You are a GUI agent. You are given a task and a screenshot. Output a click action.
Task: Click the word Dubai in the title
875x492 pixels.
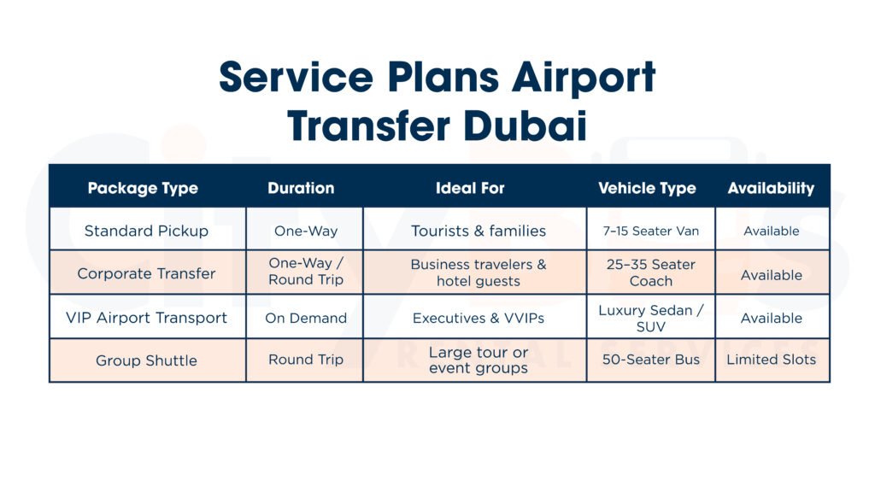click(526, 126)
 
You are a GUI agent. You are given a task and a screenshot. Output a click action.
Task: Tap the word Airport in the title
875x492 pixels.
click(584, 78)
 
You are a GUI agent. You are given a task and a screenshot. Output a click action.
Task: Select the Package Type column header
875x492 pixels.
click(143, 189)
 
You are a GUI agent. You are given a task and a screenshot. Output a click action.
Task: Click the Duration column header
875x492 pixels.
click(302, 188)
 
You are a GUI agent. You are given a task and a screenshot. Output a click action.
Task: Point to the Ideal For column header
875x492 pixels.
click(470, 188)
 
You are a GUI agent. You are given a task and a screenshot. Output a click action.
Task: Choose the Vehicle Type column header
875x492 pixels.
click(648, 189)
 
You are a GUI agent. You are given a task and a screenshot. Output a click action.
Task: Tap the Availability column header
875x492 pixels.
click(772, 189)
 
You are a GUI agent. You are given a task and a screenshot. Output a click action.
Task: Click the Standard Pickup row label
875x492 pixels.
click(146, 231)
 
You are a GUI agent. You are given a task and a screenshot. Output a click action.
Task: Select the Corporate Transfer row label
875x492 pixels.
click(146, 273)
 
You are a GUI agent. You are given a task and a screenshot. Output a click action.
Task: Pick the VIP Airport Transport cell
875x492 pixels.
click(146, 318)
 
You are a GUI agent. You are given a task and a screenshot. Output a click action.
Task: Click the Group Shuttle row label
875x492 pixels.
click(146, 360)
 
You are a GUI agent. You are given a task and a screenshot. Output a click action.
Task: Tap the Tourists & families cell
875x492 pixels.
click(479, 231)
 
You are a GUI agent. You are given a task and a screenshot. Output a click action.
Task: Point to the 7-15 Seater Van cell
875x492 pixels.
click(650, 231)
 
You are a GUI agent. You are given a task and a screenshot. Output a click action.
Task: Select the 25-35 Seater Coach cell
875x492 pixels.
click(650, 272)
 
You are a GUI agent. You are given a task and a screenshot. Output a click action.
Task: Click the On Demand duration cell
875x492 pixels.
click(306, 318)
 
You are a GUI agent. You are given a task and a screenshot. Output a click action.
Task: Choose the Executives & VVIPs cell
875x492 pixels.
click(479, 318)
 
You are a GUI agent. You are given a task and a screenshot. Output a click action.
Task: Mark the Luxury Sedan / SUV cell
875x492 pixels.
click(650, 318)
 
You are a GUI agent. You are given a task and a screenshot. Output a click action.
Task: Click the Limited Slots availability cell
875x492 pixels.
click(772, 360)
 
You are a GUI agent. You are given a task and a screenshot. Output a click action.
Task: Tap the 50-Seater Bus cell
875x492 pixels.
click(650, 360)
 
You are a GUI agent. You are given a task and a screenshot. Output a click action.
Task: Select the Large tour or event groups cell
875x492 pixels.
click(479, 360)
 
